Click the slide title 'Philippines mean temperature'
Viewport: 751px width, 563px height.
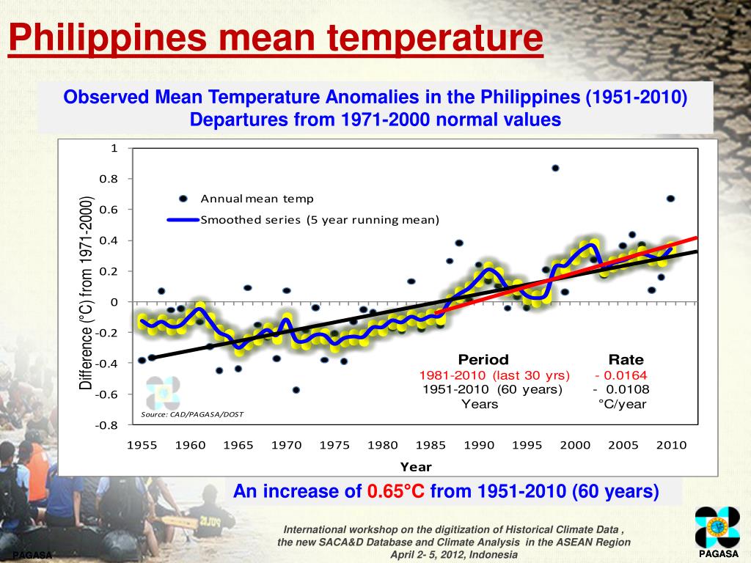coord(276,39)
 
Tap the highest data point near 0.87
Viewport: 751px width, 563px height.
coord(555,168)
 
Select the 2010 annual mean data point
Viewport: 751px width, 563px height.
coord(670,199)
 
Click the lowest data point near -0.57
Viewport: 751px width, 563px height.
coord(296,390)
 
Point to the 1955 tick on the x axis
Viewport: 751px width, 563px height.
coord(142,445)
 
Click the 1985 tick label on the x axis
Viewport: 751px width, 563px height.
coord(431,445)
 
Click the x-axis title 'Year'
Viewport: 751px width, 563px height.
coord(416,467)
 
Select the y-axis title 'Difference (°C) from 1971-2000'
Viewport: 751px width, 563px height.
coord(87,293)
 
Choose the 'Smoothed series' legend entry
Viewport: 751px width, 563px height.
coord(320,220)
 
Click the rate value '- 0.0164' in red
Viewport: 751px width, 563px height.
coord(621,375)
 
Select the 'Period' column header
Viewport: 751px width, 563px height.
coord(483,360)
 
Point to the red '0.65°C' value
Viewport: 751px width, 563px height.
coord(396,491)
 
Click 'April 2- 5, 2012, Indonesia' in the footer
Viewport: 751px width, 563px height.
coord(453,555)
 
